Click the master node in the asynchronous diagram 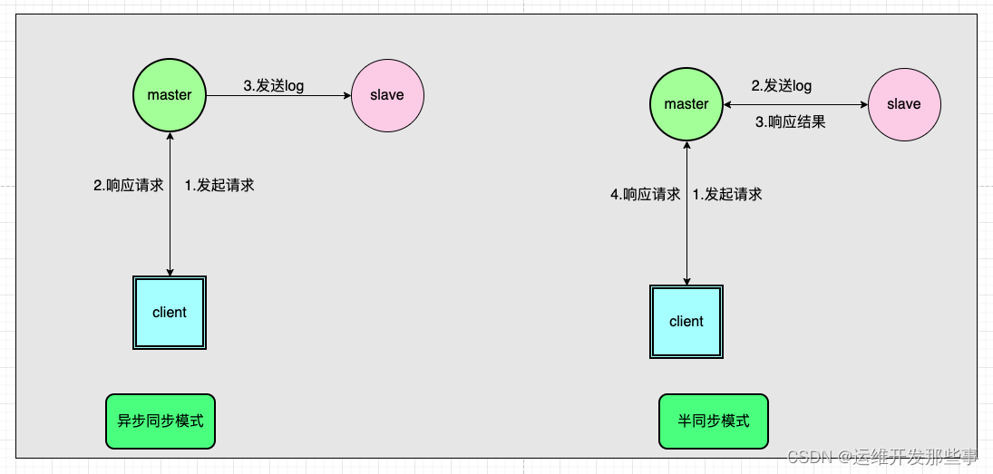(x=170, y=95)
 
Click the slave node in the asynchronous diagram (x=387, y=95)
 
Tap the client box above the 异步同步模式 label (x=170, y=313)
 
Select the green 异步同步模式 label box (x=161, y=421)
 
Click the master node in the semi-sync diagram (x=686, y=104)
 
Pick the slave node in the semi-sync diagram (x=904, y=104)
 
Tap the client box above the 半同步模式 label (x=686, y=322)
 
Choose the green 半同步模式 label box (x=714, y=421)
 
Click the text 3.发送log (x=273, y=86)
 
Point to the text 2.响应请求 (x=128, y=185)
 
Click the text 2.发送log (x=781, y=86)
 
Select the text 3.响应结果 (x=791, y=121)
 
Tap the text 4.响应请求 (x=645, y=194)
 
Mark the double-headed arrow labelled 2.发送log (x=795, y=104)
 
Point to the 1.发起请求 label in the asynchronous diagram (x=219, y=185)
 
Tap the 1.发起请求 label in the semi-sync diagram (x=727, y=194)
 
